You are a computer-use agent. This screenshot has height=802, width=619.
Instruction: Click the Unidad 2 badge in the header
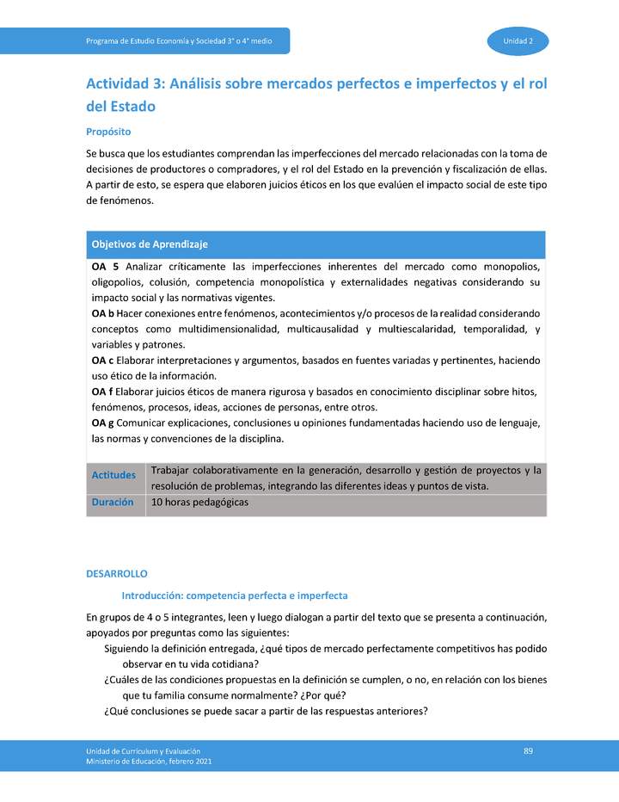pyautogui.click(x=518, y=41)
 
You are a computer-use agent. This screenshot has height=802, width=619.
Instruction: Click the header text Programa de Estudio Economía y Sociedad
pyautogui.click(x=179, y=41)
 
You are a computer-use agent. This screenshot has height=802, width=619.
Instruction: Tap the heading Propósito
pyautogui.click(x=108, y=132)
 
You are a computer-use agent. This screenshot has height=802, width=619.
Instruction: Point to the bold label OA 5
pyautogui.click(x=105, y=266)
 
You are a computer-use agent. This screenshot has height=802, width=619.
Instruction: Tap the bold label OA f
pyautogui.click(x=102, y=392)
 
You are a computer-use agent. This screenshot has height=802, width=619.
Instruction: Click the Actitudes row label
pyautogui.click(x=113, y=475)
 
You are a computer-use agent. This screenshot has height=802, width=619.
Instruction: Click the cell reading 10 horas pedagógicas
pyautogui.click(x=199, y=503)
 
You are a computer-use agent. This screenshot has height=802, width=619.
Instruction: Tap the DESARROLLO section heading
pyautogui.click(x=117, y=573)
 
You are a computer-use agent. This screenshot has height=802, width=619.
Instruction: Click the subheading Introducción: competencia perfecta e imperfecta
pyautogui.click(x=234, y=595)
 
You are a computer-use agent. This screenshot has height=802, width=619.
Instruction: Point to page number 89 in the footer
pyautogui.click(x=528, y=751)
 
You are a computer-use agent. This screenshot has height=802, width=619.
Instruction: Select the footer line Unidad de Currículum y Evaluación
pyautogui.click(x=143, y=751)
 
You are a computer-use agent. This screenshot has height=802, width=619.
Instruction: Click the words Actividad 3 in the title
pyautogui.click(x=124, y=84)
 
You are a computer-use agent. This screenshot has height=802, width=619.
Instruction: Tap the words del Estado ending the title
pyautogui.click(x=121, y=107)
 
